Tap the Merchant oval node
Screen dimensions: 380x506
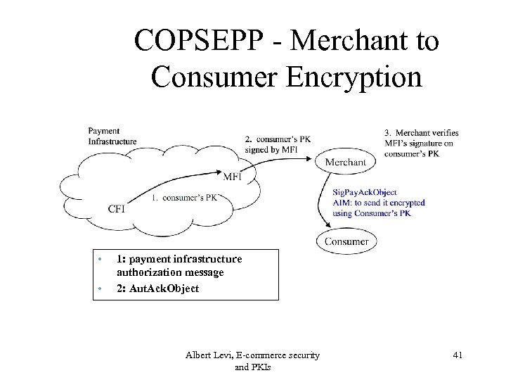(x=346, y=162)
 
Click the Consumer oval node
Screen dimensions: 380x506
(x=346, y=241)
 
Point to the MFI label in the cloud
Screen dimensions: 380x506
(x=233, y=177)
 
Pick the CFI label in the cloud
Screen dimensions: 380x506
(x=117, y=208)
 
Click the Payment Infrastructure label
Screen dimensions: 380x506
(x=112, y=136)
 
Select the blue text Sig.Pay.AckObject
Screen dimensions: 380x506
(x=365, y=192)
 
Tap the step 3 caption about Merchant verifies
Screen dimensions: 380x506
(x=422, y=143)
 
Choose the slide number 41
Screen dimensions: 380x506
(x=458, y=355)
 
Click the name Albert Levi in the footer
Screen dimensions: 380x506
(x=209, y=355)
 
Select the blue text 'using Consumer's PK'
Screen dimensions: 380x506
(x=372, y=213)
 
